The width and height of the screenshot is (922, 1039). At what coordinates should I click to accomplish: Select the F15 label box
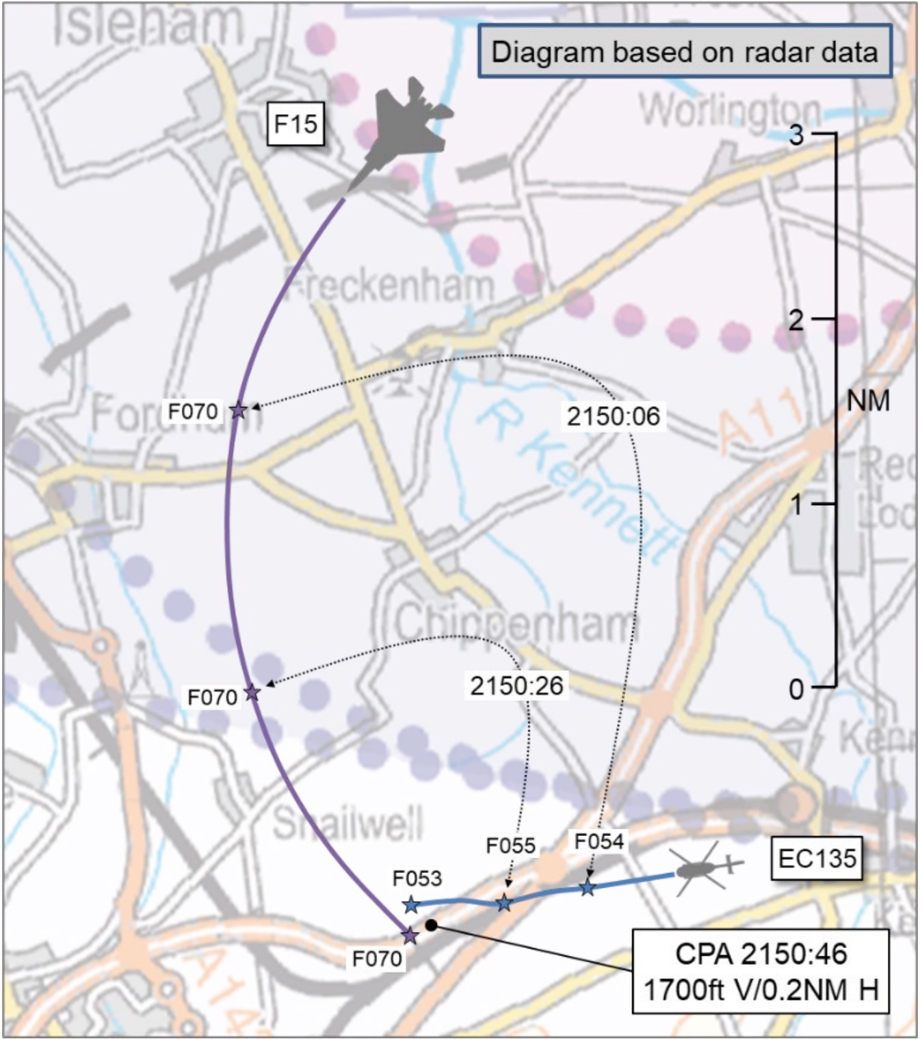coord(295,124)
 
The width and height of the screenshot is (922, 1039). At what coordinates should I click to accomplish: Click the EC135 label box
coord(817,858)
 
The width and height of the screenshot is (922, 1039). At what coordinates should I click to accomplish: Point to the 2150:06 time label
coord(614,416)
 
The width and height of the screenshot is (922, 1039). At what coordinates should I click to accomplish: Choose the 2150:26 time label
coord(516,686)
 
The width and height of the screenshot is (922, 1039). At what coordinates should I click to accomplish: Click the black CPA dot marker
coord(431,925)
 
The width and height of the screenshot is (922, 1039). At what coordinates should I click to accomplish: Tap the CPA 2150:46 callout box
coord(761,971)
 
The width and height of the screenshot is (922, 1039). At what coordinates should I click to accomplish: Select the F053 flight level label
coord(417,878)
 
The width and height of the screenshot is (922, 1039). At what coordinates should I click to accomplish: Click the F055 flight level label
coord(510,846)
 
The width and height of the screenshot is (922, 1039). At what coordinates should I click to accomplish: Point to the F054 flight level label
coord(599,841)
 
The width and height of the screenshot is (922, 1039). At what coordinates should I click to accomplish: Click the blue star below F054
coord(588,889)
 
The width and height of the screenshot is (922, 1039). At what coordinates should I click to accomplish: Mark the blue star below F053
coord(411,905)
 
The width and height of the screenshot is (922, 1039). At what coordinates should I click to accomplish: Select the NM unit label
coord(868,401)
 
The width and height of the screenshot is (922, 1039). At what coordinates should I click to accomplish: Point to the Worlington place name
coord(730,109)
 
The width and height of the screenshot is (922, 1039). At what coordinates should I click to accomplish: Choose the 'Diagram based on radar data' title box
coord(684,52)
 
